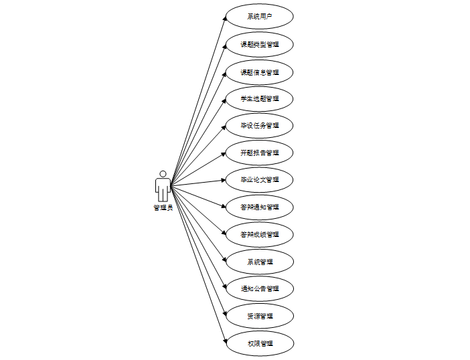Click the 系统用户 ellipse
pyautogui.click(x=259, y=17)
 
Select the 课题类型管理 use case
pyautogui.click(x=259, y=44)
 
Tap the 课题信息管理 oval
pyautogui.click(x=259, y=72)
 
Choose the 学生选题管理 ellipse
pyautogui.click(x=259, y=98)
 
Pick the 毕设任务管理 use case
pyautogui.click(x=259, y=125)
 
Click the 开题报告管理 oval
pyautogui.click(x=259, y=153)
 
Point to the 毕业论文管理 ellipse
pyautogui.click(x=259, y=179)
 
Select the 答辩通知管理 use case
pyautogui.click(x=259, y=207)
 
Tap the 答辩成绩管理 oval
pyautogui.click(x=259, y=234)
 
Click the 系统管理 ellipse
pyautogui.click(x=259, y=262)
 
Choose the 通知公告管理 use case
pyautogui.click(x=259, y=288)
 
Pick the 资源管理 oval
pyautogui.click(x=259, y=316)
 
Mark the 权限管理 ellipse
pyautogui.click(x=259, y=343)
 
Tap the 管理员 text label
pyautogui.click(x=163, y=207)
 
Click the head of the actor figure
pyautogui.click(x=163, y=174)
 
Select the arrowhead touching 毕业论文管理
pyautogui.click(x=224, y=180)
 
